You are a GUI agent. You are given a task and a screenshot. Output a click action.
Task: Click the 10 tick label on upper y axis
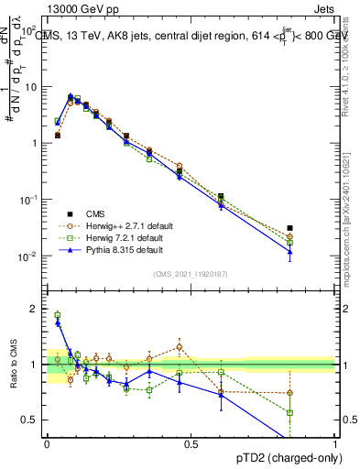[x=30, y=87]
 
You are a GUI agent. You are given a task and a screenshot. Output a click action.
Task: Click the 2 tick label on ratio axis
[x=34, y=309]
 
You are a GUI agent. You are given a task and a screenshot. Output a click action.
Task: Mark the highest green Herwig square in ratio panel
[x=57, y=315]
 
